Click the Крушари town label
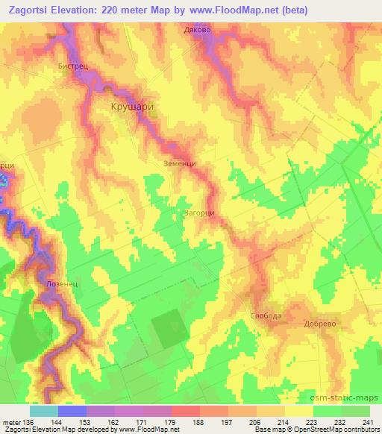(132, 107)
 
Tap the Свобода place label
(266, 316)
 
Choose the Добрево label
(322, 324)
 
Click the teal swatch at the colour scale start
(44, 411)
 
